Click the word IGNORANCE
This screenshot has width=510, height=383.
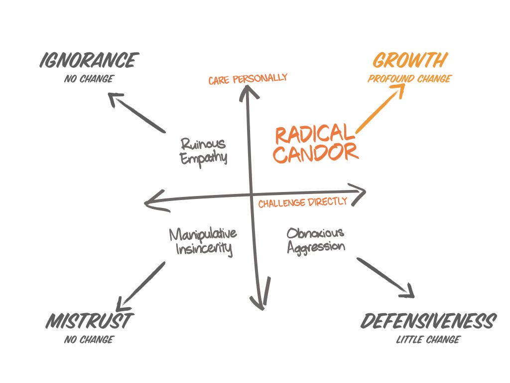[88, 61]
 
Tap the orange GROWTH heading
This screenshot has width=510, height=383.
[409, 61]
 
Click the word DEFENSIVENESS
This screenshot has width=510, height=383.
[428, 322]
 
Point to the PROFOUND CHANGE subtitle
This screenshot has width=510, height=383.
[409, 79]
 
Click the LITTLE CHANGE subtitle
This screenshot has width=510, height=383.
[428, 340]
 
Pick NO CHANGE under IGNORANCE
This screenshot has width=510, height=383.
[89, 79]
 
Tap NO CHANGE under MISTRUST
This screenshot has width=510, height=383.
[89, 340]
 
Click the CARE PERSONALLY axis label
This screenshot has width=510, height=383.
[248, 79]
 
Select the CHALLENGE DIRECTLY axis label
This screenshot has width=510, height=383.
[302, 202]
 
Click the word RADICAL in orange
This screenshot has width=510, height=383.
[312, 134]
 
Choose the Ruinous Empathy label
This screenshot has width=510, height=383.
[203, 151]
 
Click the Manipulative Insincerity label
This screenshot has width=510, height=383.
[203, 241]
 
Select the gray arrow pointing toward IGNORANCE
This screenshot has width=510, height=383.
[138, 113]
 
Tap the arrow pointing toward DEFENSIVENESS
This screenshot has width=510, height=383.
[385, 277]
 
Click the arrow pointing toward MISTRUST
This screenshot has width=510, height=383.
[141, 284]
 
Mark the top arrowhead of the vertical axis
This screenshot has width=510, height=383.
[247, 90]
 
